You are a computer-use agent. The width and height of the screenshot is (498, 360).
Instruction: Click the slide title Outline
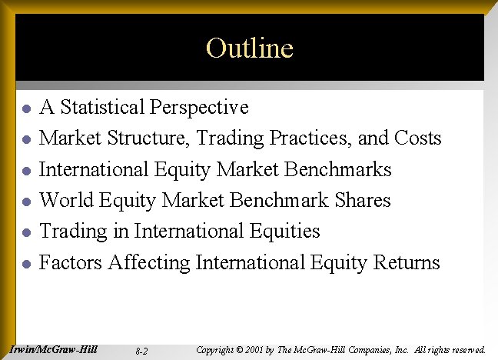[x=249, y=48]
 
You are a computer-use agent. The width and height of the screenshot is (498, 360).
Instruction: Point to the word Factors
[x=71, y=262]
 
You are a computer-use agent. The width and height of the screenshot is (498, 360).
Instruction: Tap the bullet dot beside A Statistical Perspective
[x=25, y=108]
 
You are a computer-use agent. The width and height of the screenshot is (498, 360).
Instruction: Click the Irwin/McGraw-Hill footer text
[x=54, y=349]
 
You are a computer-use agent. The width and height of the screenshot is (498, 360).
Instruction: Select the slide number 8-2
[x=141, y=351]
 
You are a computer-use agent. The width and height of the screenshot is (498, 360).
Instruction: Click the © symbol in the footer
[x=239, y=350]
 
